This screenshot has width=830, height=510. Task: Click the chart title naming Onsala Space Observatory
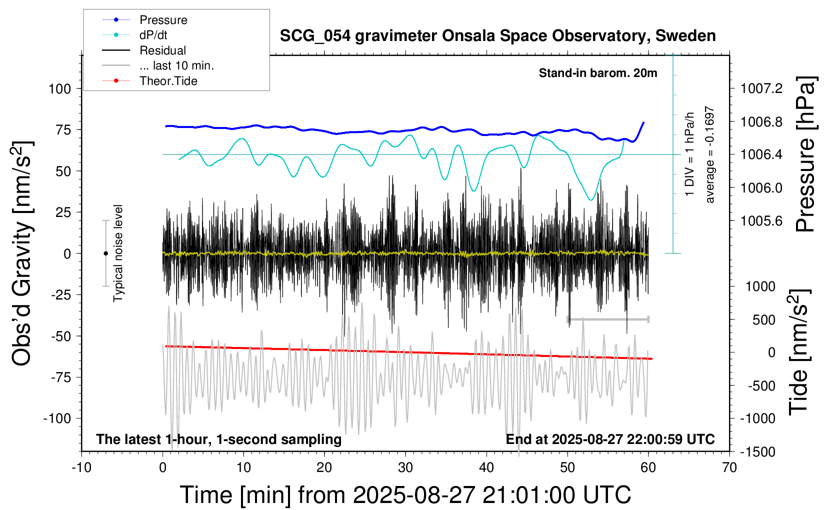click(x=497, y=36)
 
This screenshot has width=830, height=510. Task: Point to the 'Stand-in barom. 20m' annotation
click(x=598, y=73)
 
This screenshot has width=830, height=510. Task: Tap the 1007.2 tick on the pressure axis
click(x=761, y=89)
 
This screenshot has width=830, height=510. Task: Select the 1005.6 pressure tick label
click(x=761, y=221)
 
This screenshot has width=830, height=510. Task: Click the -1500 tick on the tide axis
click(x=757, y=452)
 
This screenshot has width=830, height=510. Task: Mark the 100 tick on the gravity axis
click(x=60, y=89)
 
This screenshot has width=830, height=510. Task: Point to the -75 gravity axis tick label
click(x=61, y=377)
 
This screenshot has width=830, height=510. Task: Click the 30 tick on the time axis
click(x=405, y=468)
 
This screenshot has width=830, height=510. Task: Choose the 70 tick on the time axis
click(x=729, y=468)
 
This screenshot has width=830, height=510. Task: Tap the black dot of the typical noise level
click(x=105, y=253)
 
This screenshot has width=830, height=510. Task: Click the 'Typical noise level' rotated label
click(x=118, y=253)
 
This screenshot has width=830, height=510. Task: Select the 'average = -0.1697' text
click(x=710, y=154)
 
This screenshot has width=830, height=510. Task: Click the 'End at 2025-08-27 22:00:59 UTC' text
click(x=610, y=439)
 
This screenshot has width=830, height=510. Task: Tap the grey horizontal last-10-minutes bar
click(x=608, y=319)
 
